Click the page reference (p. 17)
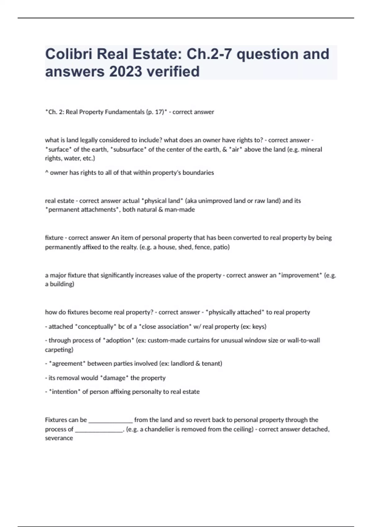tap(155, 112)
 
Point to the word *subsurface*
tap(129, 149)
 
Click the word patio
tap(221, 247)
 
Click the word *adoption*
tap(118, 341)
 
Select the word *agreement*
tap(67, 364)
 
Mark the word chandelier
tap(159, 429)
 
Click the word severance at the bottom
tap(59, 438)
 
